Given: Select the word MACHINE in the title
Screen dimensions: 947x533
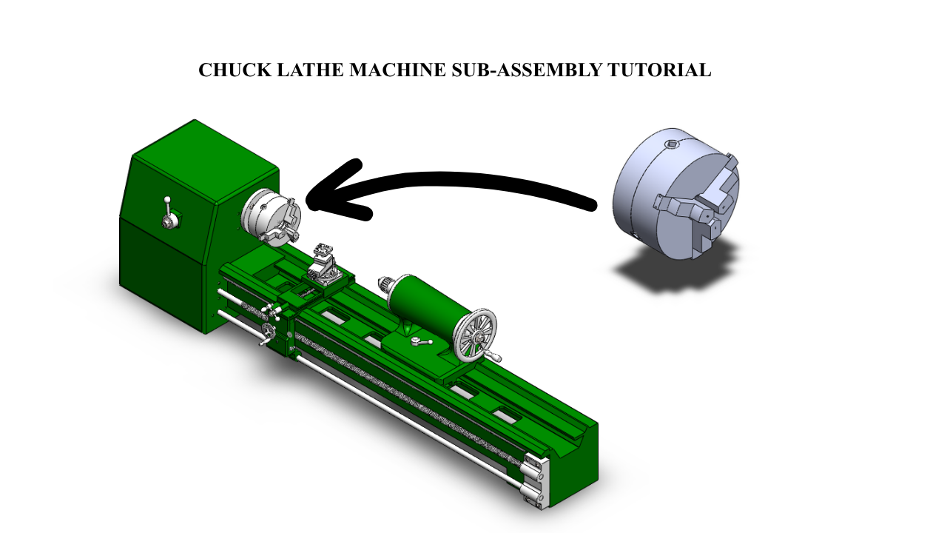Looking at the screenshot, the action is (x=397, y=70).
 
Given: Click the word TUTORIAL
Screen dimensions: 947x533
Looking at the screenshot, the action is (x=659, y=70).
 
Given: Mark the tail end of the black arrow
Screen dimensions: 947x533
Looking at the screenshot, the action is (x=591, y=205).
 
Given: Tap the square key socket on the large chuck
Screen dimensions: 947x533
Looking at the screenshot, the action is (x=671, y=145).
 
